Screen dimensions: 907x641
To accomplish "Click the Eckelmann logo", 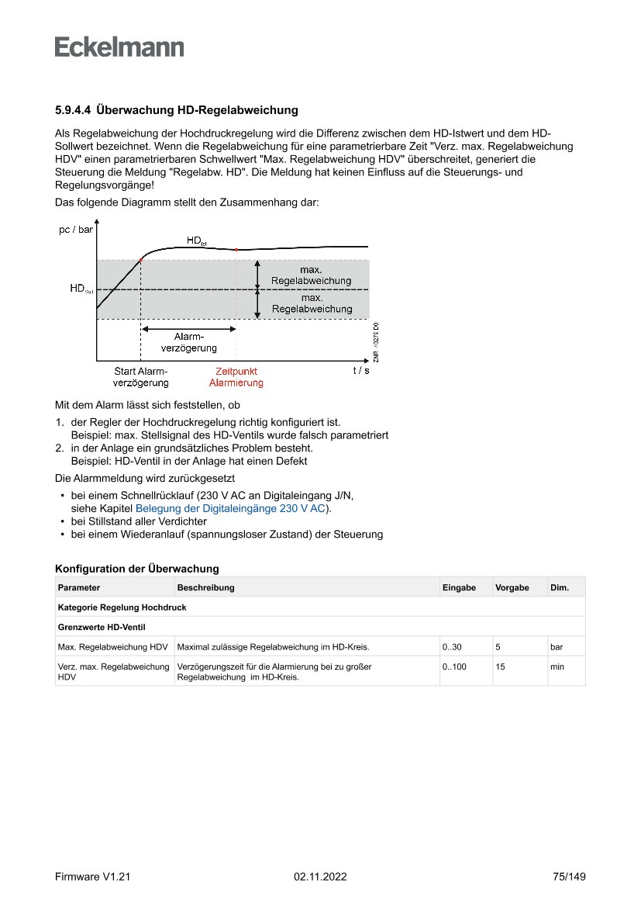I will point(119,47).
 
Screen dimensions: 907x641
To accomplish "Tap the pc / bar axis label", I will point(76,230).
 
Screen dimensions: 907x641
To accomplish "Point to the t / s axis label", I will point(361,371).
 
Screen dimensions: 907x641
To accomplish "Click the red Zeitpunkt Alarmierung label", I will point(236,377).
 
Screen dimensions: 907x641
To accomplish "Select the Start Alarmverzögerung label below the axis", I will point(141,377).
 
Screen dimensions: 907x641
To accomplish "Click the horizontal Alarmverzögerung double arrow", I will point(188,330).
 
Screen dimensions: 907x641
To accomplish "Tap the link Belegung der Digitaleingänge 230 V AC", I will point(230,508).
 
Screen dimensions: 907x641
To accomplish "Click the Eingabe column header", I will point(459,587).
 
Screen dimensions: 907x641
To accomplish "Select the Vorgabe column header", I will point(512,587).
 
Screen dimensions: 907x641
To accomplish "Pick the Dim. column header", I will point(560,587).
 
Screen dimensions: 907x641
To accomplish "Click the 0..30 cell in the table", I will point(452,646).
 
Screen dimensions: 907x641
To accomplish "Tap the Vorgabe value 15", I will point(501,666).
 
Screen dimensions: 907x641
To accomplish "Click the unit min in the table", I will point(557,666).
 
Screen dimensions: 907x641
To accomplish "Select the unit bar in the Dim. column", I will point(557,646).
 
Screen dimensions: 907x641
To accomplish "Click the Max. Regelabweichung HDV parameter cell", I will point(113,646).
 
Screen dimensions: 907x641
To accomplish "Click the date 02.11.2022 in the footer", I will point(320,877).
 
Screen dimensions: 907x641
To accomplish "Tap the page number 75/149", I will point(569,877).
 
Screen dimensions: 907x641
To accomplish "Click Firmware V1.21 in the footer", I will point(92,877).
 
